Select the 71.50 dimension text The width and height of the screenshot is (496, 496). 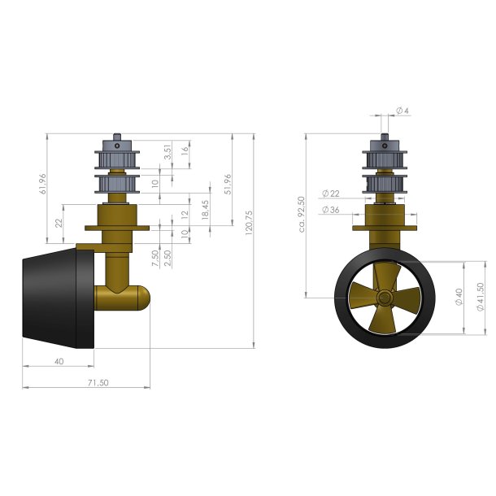97,382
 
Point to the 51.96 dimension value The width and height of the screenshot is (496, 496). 228,185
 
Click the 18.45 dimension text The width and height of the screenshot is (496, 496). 206,211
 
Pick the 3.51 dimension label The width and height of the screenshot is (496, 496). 168,151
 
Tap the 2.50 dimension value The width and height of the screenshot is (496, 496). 168,252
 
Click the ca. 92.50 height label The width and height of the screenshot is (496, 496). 302,214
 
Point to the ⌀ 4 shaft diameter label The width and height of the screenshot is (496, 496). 402,111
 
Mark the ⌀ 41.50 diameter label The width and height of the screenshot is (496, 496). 481,298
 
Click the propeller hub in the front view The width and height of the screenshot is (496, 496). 385,298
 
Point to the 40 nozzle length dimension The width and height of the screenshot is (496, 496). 59,360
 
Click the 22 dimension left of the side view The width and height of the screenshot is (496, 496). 59,223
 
